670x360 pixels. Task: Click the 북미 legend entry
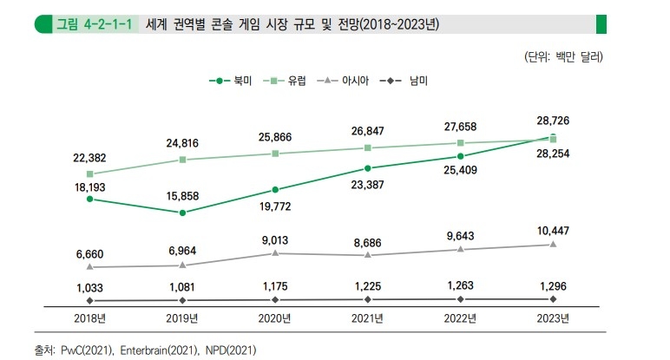230,81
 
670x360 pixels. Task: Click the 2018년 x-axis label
89,318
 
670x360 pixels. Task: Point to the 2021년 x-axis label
368,318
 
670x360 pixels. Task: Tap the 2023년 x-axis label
553,318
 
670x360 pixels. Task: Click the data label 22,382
89,157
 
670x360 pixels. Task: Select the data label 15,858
182,197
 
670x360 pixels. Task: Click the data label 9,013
275,237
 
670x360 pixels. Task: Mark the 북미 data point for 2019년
182,213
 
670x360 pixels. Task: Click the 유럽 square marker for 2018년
89,174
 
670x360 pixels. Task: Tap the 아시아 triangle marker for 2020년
275,252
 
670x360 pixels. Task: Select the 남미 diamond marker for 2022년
461,299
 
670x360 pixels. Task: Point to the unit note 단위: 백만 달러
563,57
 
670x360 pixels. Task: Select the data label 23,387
368,184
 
